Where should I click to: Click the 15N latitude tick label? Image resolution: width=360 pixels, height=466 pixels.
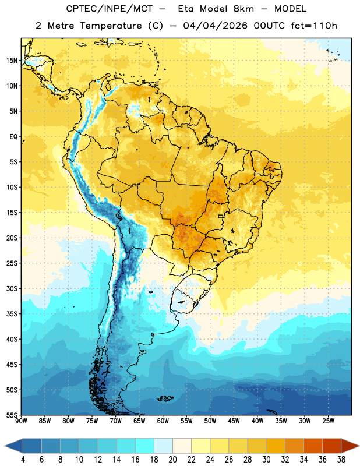click(x=12, y=61)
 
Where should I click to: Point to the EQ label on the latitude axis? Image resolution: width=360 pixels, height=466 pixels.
click(x=13, y=137)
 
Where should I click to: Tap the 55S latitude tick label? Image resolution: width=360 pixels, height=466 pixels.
click(x=12, y=415)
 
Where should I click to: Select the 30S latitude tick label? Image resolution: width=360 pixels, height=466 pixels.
click(x=12, y=288)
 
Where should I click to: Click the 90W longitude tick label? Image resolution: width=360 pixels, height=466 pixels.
click(x=21, y=421)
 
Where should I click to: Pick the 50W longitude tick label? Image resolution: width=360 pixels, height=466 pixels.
click(x=210, y=421)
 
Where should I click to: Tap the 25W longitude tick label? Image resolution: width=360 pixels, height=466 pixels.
click(x=328, y=421)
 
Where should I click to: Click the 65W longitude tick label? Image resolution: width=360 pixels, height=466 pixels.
click(x=139, y=421)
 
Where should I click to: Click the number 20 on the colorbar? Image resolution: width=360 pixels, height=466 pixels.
click(x=172, y=460)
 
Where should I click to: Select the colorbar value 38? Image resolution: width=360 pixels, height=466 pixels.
click(x=341, y=460)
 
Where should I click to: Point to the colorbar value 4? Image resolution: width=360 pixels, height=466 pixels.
click(x=23, y=460)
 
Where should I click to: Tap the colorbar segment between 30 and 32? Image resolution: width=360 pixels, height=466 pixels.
click(x=276, y=446)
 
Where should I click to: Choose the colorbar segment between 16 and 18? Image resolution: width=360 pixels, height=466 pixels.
click(x=145, y=446)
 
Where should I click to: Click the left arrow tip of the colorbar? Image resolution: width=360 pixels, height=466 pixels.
click(x=5, y=446)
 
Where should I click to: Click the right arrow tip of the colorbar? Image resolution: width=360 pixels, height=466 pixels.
click(x=359, y=446)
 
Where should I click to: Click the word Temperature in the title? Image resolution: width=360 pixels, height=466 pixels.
click(x=111, y=26)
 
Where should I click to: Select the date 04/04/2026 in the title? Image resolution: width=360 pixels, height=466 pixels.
click(x=215, y=26)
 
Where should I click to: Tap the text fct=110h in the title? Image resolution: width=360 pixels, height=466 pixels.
click(x=314, y=26)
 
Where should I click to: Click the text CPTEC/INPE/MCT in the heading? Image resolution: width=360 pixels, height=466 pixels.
click(x=110, y=9)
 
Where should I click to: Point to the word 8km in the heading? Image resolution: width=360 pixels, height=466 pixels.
click(x=243, y=9)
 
